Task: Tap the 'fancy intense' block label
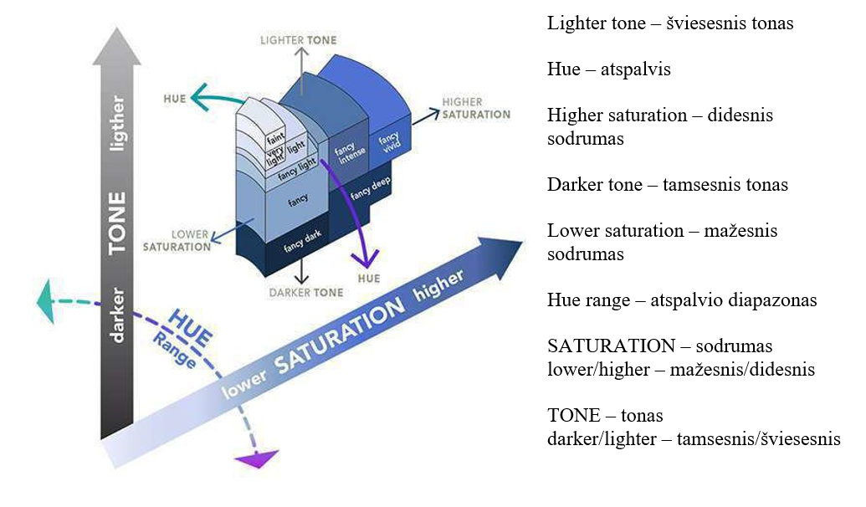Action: click(x=346, y=155)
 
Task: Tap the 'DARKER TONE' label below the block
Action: click(x=305, y=293)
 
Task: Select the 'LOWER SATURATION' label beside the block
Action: click(x=177, y=241)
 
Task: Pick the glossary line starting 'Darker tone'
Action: click(x=668, y=184)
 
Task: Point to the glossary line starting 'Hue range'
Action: click(x=682, y=300)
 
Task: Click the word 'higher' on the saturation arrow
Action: click(x=438, y=287)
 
